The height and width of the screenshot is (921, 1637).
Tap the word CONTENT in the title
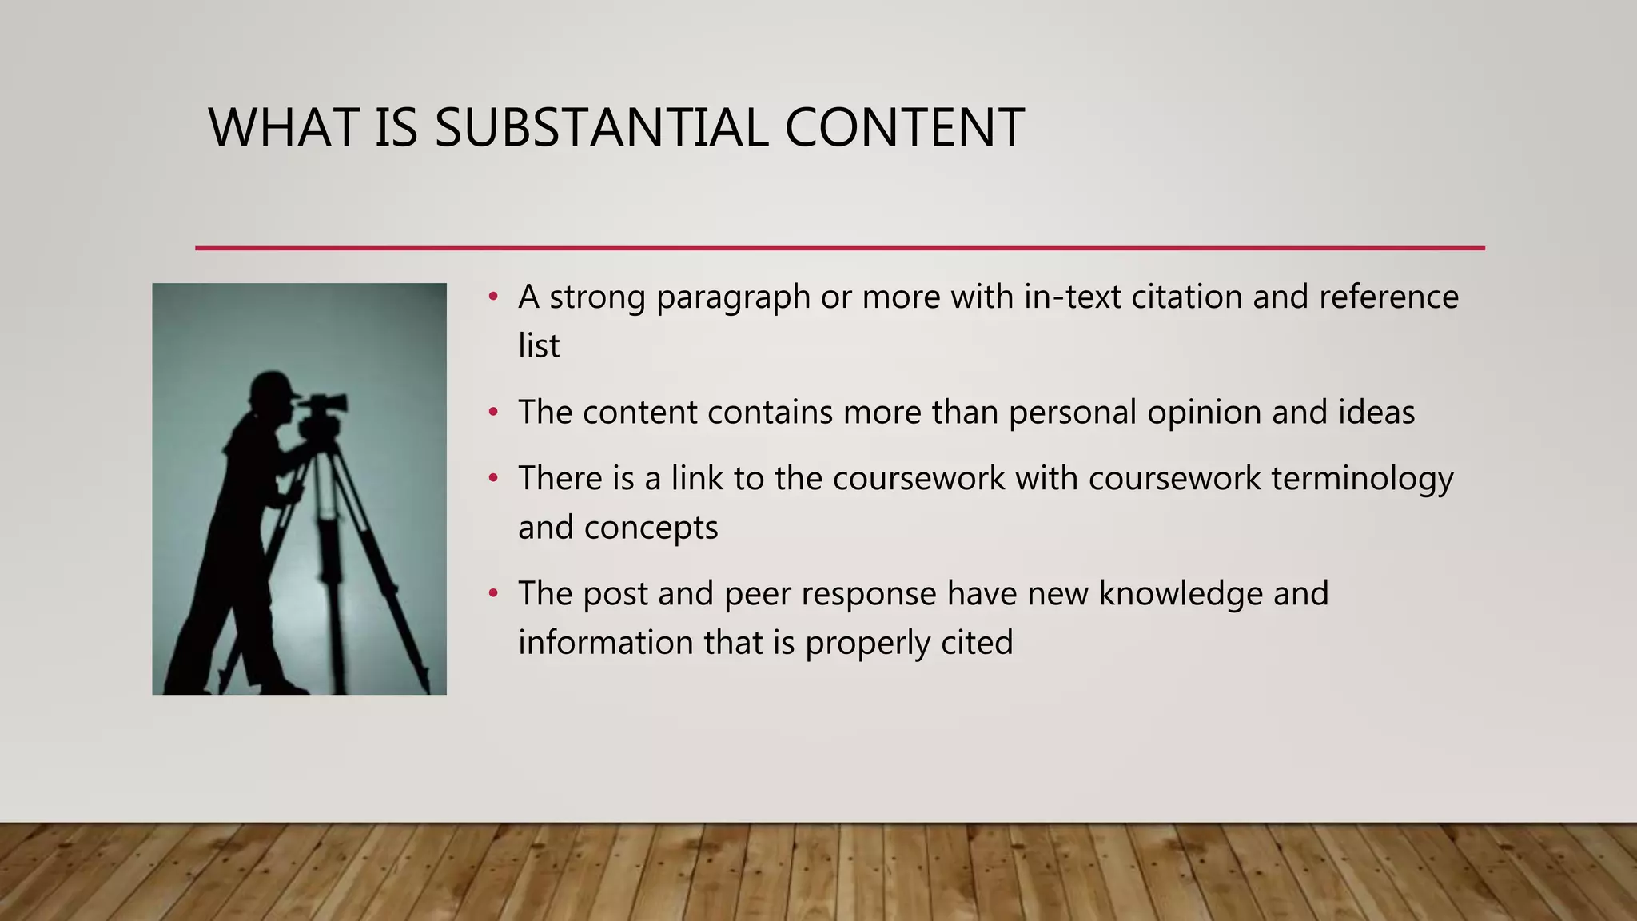click(904, 128)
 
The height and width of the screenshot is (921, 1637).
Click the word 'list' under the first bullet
click(539, 346)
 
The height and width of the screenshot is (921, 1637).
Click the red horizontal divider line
click(839, 248)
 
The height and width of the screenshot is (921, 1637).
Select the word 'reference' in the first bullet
click(1388, 297)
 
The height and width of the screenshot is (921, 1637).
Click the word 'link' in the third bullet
click(697, 478)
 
